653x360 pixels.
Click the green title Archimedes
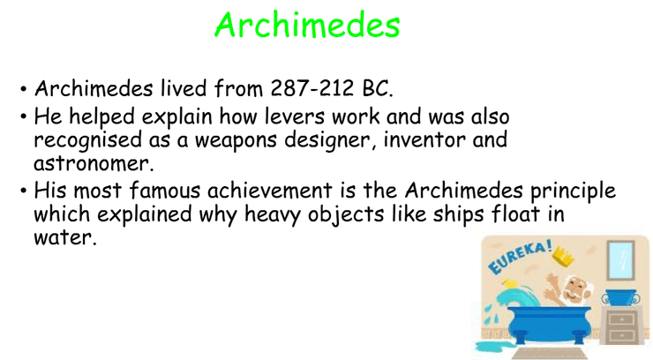[x=307, y=25]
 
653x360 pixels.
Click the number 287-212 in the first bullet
[x=311, y=88]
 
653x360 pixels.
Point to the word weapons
[x=236, y=139]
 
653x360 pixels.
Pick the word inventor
[x=424, y=139]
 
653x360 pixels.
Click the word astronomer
[x=94, y=163]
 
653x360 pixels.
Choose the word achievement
[x=269, y=191]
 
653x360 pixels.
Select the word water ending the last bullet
[x=65, y=237]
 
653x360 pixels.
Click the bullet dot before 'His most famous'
[x=24, y=191]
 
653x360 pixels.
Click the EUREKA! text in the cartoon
[x=520, y=257]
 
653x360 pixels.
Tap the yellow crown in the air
[x=563, y=257]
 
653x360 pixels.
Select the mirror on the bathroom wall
[x=620, y=260]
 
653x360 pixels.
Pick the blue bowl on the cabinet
[x=620, y=296]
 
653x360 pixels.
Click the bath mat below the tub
[x=549, y=353]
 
